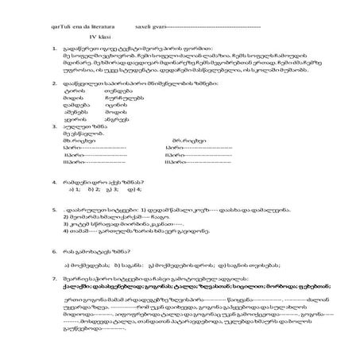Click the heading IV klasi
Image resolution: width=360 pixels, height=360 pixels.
100,37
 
